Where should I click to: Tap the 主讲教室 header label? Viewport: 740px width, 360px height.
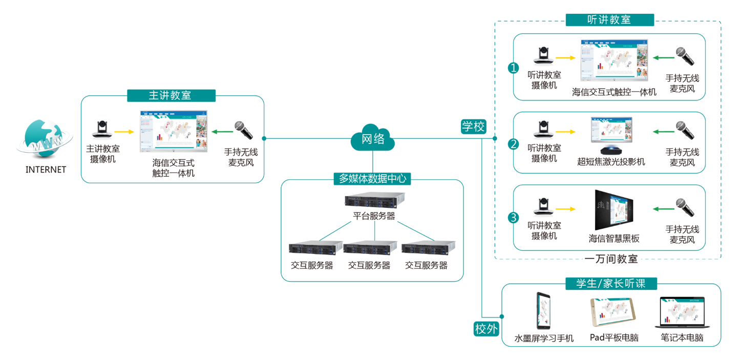pos(171,96)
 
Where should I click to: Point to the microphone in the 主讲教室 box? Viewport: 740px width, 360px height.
pos(243,130)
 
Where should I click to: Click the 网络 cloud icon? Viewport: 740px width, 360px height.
pos(372,138)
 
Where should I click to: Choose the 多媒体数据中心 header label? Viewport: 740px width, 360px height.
pos(372,178)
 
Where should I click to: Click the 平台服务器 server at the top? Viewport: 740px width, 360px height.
pos(374,200)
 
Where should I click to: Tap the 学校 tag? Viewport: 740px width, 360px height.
pos(473,126)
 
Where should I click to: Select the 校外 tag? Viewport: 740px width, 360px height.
pos(486,329)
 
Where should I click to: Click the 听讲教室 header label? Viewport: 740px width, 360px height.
pos(609,20)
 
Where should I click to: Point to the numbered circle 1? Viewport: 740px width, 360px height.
pos(513,68)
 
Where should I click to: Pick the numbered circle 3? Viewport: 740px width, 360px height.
pos(514,218)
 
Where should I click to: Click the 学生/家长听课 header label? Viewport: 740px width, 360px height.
pos(610,283)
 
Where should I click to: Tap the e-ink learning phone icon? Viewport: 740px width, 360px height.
pos(543,311)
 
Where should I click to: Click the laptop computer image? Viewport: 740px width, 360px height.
pos(682,313)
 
